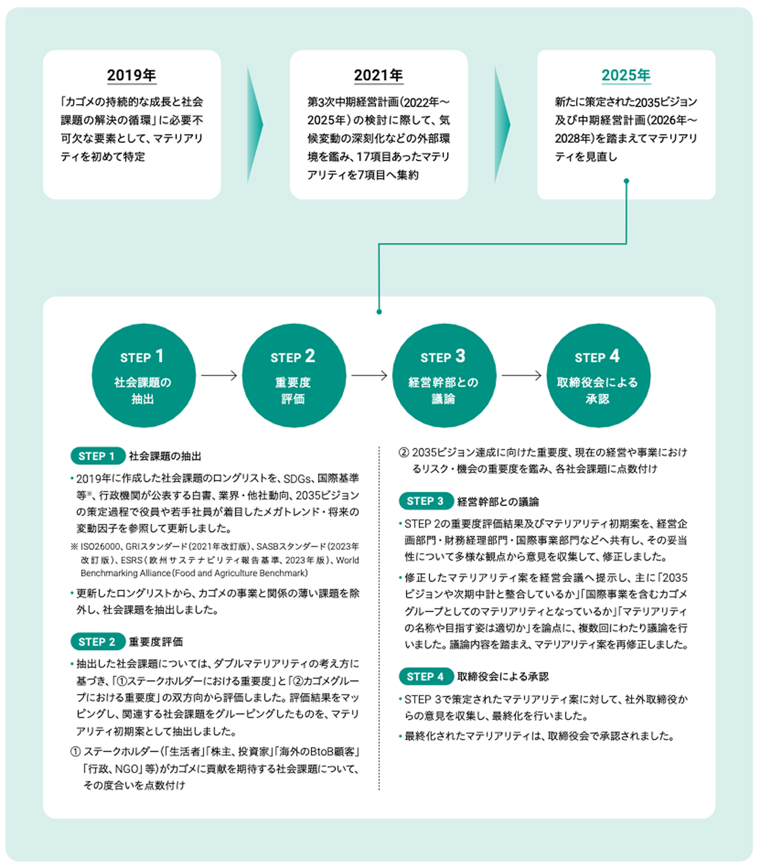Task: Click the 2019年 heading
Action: click(x=131, y=75)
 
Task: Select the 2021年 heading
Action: click(x=379, y=75)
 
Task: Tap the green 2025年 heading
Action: click(x=626, y=75)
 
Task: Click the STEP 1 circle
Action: click(x=143, y=375)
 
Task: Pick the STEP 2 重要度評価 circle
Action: click(x=294, y=375)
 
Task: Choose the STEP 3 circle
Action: click(x=444, y=375)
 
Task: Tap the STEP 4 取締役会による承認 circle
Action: click(x=598, y=375)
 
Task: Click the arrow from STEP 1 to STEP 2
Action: click(x=219, y=375)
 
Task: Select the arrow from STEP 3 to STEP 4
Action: click(x=522, y=375)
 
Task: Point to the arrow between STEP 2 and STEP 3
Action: click(x=369, y=375)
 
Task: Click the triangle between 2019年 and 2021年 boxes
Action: click(x=254, y=125)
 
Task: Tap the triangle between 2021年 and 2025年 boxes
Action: click(x=502, y=125)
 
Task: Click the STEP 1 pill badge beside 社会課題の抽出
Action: click(x=97, y=456)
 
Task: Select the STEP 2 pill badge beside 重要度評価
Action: click(x=97, y=642)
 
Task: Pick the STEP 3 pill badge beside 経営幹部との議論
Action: click(x=426, y=501)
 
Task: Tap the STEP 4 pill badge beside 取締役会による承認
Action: click(x=426, y=677)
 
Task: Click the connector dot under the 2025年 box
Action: click(x=627, y=181)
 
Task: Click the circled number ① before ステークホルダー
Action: click(x=75, y=752)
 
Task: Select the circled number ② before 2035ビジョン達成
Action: click(x=404, y=453)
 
